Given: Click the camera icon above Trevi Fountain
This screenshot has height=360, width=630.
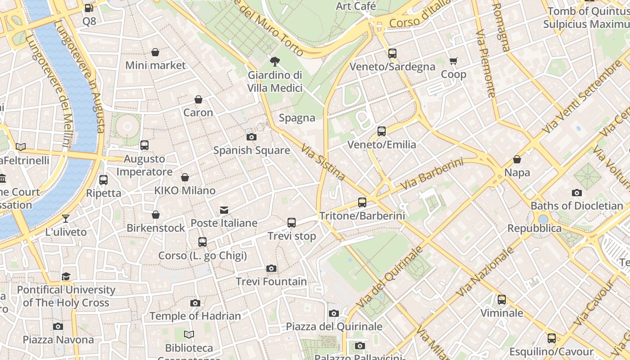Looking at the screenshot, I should (x=271, y=269).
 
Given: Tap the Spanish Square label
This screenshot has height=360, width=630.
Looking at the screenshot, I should (x=252, y=150).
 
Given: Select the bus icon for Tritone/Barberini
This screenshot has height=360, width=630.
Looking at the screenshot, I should (x=362, y=202).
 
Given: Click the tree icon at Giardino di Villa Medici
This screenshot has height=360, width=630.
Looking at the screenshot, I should (x=274, y=62).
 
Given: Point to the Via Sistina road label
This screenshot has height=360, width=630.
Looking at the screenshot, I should (x=323, y=162).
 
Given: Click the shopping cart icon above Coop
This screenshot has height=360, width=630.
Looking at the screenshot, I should (x=453, y=61).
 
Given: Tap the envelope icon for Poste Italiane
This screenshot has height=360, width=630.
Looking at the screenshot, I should (x=224, y=210).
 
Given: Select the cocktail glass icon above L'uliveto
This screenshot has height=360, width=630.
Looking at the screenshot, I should (x=66, y=219).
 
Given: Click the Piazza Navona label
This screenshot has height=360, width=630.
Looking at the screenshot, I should (x=58, y=339).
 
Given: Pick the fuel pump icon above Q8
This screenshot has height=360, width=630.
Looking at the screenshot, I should (x=89, y=8).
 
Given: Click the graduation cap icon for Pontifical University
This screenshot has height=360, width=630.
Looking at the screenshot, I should (x=66, y=276).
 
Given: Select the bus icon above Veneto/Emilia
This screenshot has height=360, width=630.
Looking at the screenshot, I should (x=382, y=131).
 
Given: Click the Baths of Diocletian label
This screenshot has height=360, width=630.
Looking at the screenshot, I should (x=576, y=206).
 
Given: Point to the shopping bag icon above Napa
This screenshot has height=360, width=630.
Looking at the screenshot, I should (x=517, y=159).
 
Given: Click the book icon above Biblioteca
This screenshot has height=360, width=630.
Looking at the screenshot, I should (x=189, y=335).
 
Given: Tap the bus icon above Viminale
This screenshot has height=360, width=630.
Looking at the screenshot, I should (x=502, y=300).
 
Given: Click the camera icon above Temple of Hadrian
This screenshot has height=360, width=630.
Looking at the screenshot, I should (x=195, y=303).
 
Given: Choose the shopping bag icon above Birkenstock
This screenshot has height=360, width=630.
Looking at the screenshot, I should (x=156, y=215).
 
